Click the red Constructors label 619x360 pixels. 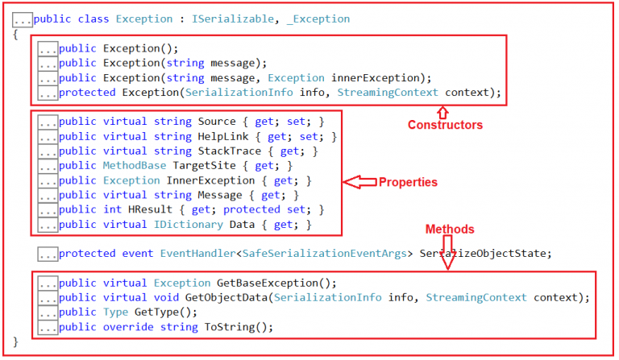pyautogui.click(x=445, y=125)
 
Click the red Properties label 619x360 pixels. pyautogui.click(x=408, y=183)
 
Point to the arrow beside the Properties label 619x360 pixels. pyautogui.click(x=359, y=183)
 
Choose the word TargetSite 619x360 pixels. pyautogui.click(x=221, y=166)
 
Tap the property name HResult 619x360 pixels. pyautogui.click(x=158, y=209)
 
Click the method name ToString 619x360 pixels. pyautogui.click(x=231, y=327)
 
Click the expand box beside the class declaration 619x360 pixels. pyautogui.click(x=22, y=19)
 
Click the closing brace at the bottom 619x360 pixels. pyautogui.click(x=16, y=342)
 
